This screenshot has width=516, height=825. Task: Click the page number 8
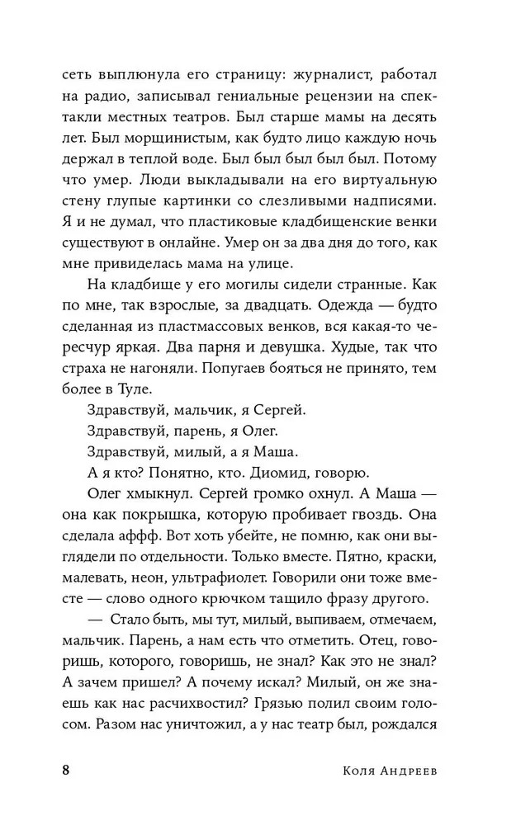tap(67, 771)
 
